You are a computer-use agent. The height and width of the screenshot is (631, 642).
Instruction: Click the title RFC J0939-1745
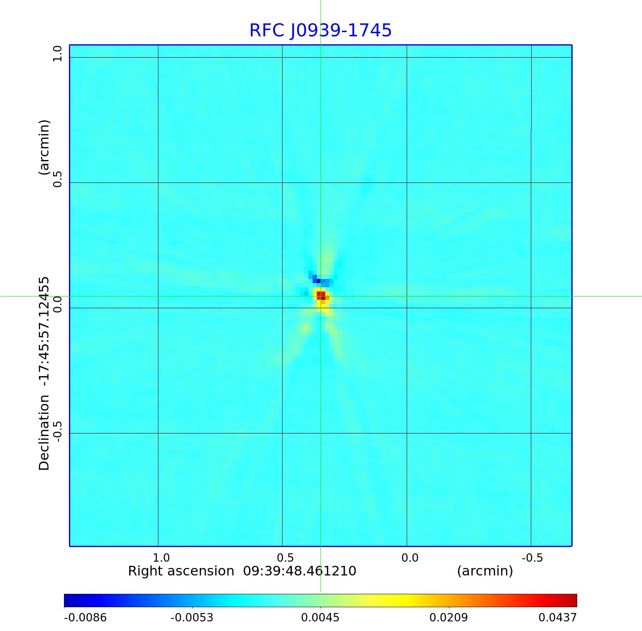(x=321, y=30)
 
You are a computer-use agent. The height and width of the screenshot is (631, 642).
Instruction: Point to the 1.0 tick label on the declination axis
(x=57, y=53)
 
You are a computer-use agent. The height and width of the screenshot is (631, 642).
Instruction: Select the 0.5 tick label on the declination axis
(x=57, y=178)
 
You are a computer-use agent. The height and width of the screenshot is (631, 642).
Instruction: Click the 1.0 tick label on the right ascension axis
(x=161, y=558)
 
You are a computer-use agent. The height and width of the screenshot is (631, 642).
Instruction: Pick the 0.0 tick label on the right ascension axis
(x=410, y=558)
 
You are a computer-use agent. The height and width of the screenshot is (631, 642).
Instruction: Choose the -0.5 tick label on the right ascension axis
(x=532, y=558)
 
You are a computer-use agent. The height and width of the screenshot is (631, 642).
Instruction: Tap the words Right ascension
(x=181, y=571)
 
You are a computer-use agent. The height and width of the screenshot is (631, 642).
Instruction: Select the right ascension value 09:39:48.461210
(x=300, y=571)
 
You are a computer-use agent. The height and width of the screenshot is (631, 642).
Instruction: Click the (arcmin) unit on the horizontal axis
(x=485, y=571)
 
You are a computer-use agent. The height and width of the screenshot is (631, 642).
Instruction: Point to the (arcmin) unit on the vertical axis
(x=44, y=147)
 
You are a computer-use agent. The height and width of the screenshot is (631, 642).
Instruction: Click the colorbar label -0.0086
(x=85, y=618)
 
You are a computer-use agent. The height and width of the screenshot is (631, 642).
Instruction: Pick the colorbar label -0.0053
(x=192, y=618)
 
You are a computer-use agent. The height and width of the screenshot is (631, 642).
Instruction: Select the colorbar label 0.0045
(x=320, y=618)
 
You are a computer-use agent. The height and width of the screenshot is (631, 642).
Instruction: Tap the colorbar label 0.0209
(x=448, y=618)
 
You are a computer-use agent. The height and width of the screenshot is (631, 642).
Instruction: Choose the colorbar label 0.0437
(x=557, y=618)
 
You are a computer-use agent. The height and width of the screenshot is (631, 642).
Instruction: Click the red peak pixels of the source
(x=321, y=295)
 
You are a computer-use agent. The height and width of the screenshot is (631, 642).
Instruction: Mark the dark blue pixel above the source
(x=319, y=281)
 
